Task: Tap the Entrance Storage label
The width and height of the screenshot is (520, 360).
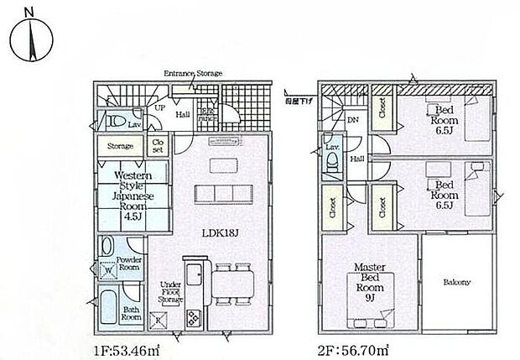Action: pos(193,74)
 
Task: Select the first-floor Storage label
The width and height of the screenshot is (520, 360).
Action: pos(120,146)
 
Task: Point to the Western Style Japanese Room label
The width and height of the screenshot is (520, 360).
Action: pos(121,196)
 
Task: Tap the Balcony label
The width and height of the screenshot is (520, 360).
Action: pos(455,283)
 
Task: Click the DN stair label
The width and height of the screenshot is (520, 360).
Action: pos(353,120)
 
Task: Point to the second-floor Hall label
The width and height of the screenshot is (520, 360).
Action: pos(356,159)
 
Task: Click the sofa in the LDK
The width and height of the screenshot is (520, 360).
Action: pos(222,192)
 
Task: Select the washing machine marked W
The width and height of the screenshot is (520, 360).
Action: pos(107,270)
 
